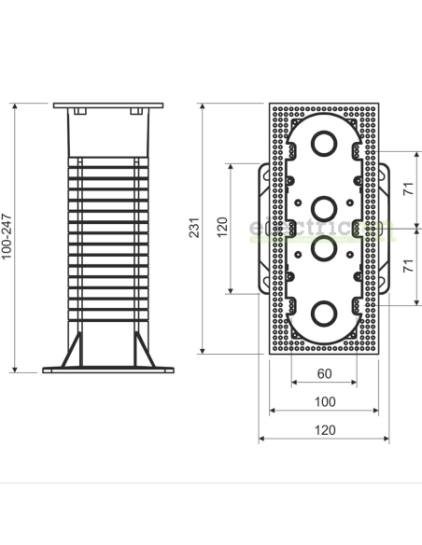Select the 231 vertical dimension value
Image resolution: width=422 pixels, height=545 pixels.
tap(194, 229)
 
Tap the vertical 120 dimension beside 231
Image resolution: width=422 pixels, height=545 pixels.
tap(221, 229)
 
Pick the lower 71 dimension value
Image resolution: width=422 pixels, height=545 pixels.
tap(409, 267)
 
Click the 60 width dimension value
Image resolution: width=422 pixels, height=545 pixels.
tap(324, 373)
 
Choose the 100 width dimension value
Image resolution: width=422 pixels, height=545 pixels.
tap(324, 401)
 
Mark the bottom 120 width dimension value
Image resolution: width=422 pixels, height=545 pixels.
tap(324, 430)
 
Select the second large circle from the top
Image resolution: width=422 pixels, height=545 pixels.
tap(324, 205)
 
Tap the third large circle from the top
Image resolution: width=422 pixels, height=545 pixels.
tap(324, 251)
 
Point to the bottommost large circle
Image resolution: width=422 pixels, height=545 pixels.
tap(324, 313)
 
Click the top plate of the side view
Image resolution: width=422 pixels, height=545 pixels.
tap(106, 105)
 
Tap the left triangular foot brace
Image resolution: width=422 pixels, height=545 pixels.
tap(70, 353)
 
